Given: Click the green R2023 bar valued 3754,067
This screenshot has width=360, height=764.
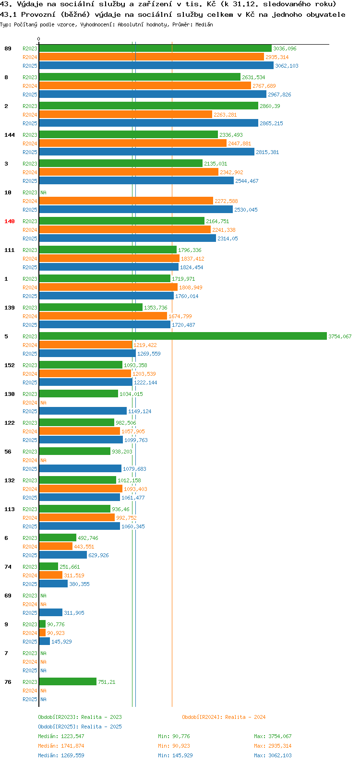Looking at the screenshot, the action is tap(183, 336).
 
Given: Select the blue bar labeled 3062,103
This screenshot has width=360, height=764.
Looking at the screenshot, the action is tap(156, 65).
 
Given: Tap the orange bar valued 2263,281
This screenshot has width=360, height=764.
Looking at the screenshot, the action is tap(126, 115).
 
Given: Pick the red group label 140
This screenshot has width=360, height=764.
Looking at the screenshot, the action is tap(10, 221).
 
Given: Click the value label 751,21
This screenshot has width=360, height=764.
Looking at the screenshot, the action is tap(107, 682).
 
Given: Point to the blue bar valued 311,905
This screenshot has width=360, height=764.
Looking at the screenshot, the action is tap(51, 612).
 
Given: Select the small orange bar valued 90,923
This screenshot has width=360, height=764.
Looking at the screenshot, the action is tap(42, 633).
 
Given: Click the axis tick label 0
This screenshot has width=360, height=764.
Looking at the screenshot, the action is tap(38, 39).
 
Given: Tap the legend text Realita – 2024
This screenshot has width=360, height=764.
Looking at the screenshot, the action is tap(245, 717).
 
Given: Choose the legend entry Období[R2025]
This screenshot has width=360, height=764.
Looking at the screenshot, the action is tap(58, 727).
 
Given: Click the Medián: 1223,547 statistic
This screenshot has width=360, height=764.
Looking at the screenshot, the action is tap(61, 736).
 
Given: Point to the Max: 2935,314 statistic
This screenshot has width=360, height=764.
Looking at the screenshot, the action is tap(273, 746).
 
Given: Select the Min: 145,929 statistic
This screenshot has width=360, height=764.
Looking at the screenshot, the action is tap(175, 755).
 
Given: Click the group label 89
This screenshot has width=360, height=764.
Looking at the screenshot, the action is tap(8, 48).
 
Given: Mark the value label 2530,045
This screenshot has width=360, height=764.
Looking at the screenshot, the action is tap(246, 210).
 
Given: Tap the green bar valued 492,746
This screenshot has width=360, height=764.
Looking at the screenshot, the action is tap(58, 537).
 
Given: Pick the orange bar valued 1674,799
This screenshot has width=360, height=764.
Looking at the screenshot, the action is tap(103, 316).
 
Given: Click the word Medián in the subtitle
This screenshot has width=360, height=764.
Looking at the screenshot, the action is tap(204, 24).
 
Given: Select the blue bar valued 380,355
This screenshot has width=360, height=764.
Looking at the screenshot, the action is tap(54, 584).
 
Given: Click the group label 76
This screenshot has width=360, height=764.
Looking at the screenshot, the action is tap(8, 682).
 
